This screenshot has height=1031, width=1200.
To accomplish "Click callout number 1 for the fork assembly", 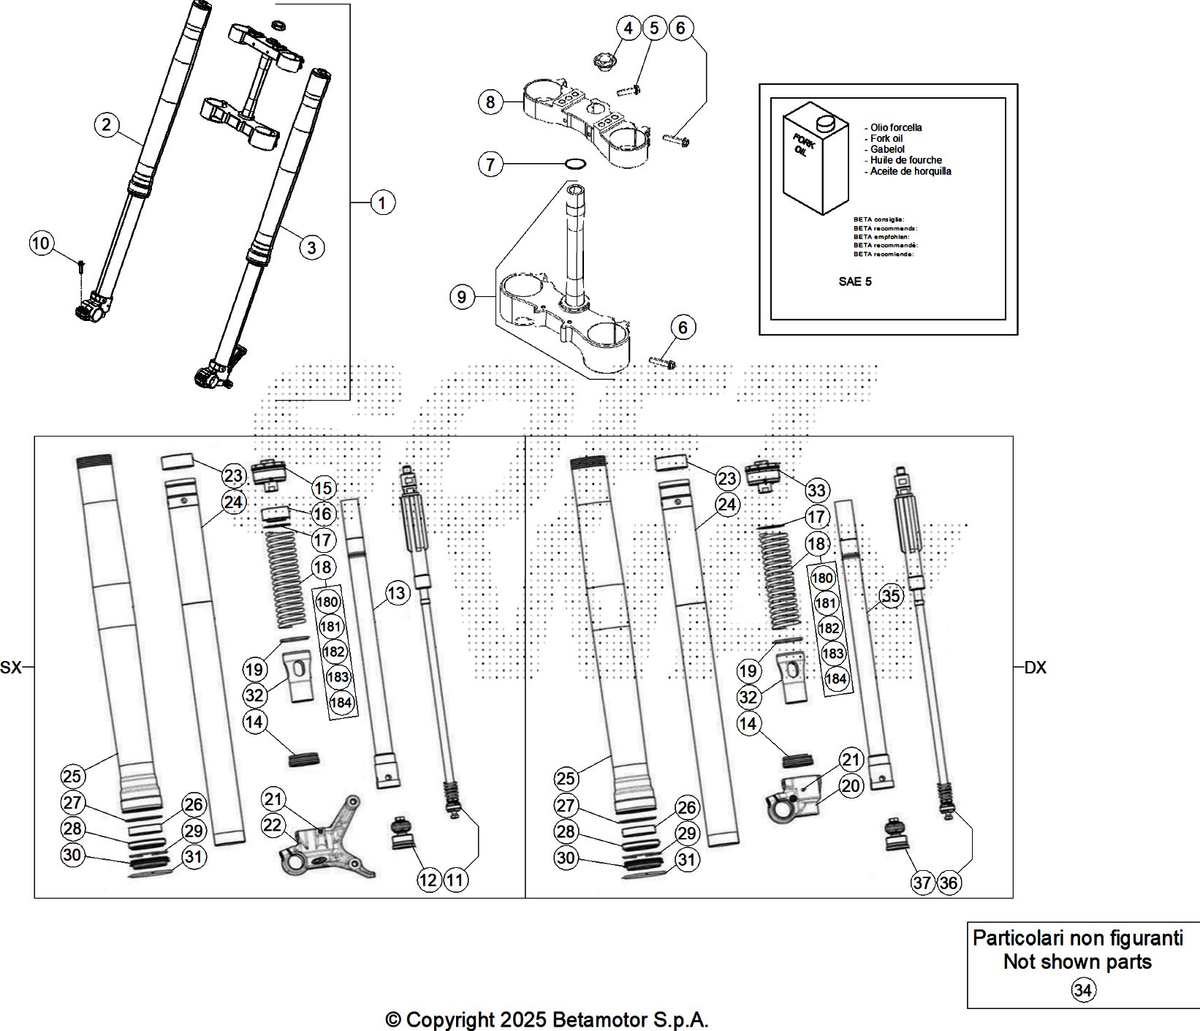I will click(382, 202).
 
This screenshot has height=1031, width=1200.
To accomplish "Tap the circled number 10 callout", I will click(41, 242).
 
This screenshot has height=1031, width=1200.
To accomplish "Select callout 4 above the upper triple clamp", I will click(628, 29).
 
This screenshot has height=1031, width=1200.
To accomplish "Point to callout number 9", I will click(461, 297).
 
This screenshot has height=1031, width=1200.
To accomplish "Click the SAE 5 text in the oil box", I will click(854, 282).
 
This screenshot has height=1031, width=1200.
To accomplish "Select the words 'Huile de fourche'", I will click(905, 160).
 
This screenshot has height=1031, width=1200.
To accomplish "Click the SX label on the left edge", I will click(11, 667).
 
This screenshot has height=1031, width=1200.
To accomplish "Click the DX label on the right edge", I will click(1035, 667).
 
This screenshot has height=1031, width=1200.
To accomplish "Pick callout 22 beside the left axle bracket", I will click(272, 826).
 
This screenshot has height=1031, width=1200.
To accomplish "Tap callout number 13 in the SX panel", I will click(396, 593).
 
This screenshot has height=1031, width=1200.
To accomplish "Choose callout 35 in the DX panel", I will click(890, 596).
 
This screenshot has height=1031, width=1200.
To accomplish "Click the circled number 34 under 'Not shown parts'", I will click(1083, 991).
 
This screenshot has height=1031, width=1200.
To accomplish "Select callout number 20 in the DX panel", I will click(851, 786).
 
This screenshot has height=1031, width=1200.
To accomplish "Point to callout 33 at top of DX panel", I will click(816, 490).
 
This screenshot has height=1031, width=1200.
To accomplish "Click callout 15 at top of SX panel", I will click(322, 488).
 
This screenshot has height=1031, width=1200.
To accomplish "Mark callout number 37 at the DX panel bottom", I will click(922, 883).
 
